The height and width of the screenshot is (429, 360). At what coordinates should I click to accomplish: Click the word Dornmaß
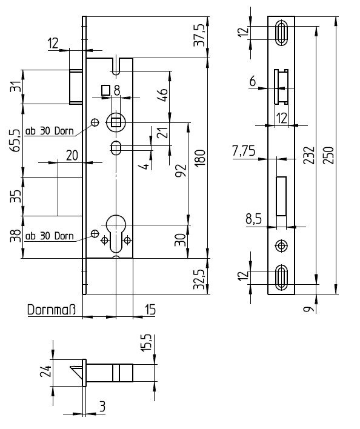[51, 310]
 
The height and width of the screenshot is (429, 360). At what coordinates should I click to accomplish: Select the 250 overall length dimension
[329, 155]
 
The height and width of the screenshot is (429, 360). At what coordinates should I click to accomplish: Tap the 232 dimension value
[309, 155]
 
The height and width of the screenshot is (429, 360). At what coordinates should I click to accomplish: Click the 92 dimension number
[181, 171]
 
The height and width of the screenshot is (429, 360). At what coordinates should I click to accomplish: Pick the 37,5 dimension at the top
[199, 35]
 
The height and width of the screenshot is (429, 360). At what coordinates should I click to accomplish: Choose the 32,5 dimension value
[199, 279]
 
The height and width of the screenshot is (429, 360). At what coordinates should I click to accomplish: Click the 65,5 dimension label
[15, 141]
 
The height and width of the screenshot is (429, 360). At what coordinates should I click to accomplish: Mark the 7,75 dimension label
[244, 151]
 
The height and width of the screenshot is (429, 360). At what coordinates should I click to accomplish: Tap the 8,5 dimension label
[253, 219]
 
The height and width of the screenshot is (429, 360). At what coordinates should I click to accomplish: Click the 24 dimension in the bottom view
[45, 371]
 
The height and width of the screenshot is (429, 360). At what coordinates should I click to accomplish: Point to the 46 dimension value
[163, 95]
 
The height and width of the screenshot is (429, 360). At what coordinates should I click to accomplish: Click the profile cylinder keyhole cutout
[116, 233]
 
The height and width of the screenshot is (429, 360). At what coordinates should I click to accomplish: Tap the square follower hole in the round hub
[116, 122]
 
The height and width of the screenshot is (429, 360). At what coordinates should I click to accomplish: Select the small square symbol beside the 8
[105, 90]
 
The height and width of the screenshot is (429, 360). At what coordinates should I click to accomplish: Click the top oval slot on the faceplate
[281, 33]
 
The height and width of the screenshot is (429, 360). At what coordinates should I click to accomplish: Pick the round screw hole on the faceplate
[281, 245]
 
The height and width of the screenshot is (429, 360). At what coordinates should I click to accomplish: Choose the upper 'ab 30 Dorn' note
[50, 131]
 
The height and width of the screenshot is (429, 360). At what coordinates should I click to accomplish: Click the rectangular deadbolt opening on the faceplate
[281, 196]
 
